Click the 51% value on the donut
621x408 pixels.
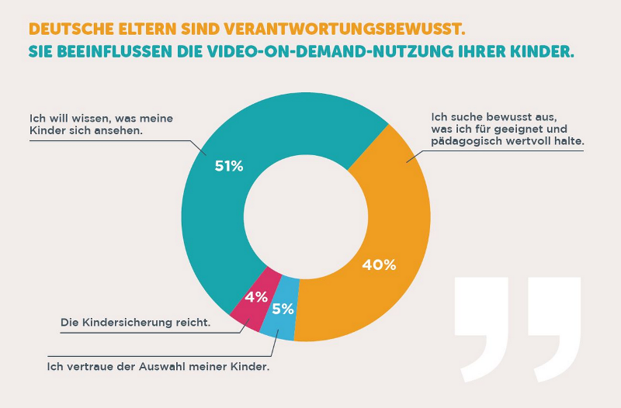(229, 165)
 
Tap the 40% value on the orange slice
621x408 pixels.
(379, 265)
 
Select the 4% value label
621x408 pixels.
(256, 296)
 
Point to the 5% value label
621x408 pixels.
(283, 309)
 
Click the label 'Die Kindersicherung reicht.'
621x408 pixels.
(135, 322)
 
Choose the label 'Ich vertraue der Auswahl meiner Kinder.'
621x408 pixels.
(158, 365)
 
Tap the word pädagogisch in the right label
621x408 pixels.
(463, 143)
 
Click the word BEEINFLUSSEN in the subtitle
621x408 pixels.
(101, 54)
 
